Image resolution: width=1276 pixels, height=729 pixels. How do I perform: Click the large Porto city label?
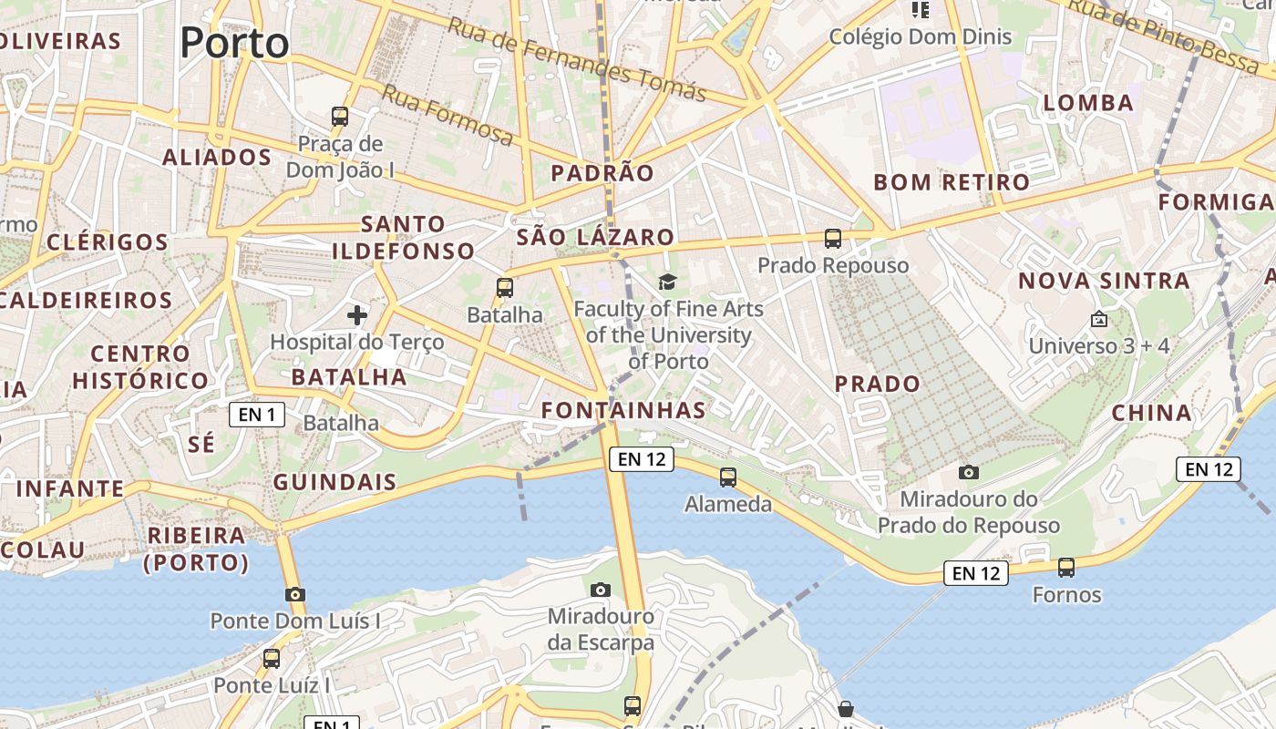234,43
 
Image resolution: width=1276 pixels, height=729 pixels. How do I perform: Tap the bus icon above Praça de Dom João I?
340,117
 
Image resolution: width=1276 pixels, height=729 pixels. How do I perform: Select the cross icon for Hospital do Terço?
357,315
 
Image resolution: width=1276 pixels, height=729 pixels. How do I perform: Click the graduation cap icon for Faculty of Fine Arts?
668,282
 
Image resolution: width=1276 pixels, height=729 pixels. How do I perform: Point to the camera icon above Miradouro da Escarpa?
600,590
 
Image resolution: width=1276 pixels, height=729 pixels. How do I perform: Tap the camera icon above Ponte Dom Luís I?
294,594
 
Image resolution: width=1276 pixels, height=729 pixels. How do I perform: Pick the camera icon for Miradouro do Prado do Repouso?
969,472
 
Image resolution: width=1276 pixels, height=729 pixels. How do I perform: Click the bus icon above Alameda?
727,477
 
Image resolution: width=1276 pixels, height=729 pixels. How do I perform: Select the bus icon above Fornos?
1066,568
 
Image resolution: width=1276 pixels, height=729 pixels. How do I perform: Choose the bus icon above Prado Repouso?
833,239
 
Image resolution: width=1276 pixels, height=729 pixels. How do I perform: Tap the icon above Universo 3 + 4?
1098,319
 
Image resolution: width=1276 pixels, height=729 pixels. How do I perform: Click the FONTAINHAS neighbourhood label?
623,410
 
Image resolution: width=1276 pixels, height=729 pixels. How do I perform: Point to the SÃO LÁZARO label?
595,238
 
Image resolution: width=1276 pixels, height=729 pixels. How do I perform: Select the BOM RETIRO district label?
952,182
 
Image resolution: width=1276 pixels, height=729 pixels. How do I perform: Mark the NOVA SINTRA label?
1104,281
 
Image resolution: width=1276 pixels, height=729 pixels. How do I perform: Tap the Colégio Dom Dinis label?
920,37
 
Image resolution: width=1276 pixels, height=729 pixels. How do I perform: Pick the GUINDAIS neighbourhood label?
334,482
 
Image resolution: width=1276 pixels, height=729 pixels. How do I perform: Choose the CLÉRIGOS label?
108,242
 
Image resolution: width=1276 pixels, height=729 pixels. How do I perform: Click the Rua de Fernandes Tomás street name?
576,59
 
